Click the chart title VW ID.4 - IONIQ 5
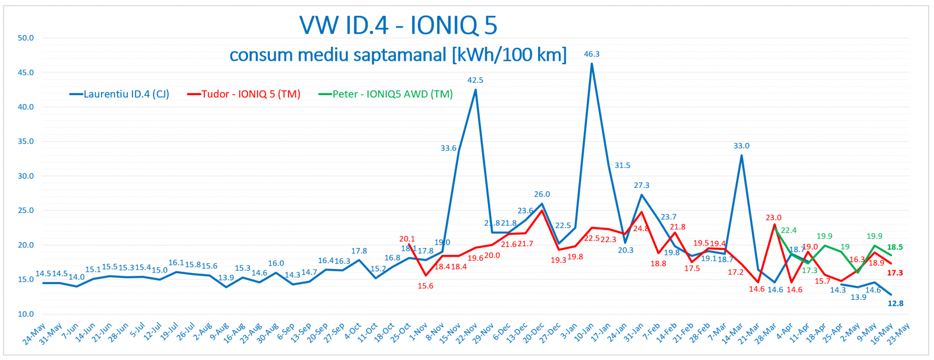point(398,25)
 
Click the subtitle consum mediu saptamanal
point(398,55)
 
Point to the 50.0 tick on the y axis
point(26,38)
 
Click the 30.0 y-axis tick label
point(26,176)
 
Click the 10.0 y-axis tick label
point(26,314)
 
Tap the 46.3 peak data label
point(592,54)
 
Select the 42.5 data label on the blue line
point(475,80)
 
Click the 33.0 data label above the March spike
point(741,146)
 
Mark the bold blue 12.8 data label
point(895,303)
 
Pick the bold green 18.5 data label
point(895,247)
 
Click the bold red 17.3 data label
point(895,272)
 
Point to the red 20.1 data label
point(407,239)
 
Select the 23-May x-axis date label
point(898,334)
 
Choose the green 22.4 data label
point(789,230)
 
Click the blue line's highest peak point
point(592,64)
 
